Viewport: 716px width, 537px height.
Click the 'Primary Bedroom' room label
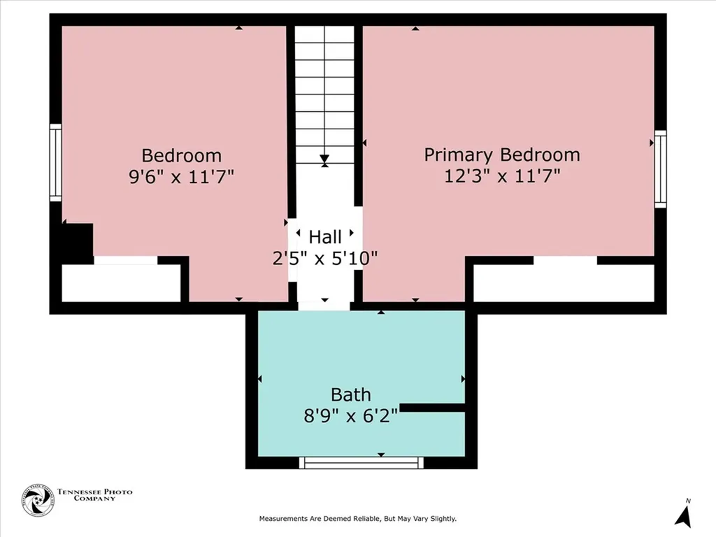[x=502, y=155]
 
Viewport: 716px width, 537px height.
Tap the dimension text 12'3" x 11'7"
[x=502, y=176]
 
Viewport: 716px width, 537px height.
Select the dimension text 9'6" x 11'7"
[x=181, y=176]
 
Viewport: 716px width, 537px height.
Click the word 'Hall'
[x=325, y=237]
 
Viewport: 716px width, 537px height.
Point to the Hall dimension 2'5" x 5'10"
[x=325, y=258]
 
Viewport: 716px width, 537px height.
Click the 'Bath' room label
[x=351, y=395]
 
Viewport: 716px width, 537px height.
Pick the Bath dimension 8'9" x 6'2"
[x=351, y=416]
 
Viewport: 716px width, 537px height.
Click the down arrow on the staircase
[x=324, y=160]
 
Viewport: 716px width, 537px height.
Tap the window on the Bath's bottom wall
[x=361, y=462]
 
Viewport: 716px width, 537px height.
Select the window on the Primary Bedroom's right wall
[x=660, y=169]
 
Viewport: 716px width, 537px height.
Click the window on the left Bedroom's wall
[x=55, y=162]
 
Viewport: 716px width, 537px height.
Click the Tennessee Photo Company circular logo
[x=38, y=500]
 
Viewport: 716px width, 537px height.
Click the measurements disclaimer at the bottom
[x=357, y=519]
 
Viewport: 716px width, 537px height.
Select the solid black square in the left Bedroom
[x=76, y=242]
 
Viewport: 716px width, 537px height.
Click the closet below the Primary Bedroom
[x=564, y=282]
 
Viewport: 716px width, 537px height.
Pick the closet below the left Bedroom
[x=121, y=282]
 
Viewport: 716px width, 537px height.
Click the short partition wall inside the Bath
[x=432, y=407]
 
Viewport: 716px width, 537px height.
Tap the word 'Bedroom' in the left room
[x=181, y=155]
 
